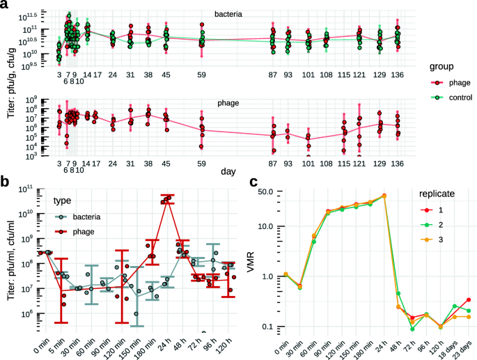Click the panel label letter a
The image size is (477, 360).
pos(4,6)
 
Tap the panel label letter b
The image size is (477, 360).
pos(4,182)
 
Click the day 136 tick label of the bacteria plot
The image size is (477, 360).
pos(397,75)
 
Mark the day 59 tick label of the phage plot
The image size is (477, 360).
pos(201,164)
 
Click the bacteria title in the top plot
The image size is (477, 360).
pos(229,13)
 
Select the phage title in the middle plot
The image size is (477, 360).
pos(227,102)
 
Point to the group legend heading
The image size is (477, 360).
pos(437,68)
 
